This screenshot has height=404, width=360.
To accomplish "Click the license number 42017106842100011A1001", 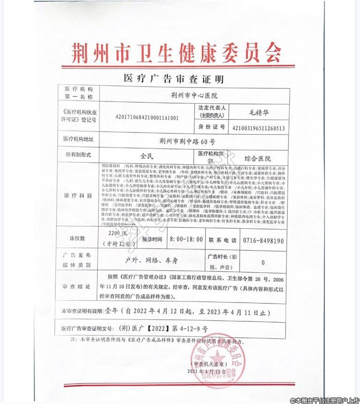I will (x=147, y=117).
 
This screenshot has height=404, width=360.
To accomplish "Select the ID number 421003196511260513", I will (x=258, y=127).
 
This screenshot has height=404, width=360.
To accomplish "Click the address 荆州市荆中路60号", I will (x=187, y=140).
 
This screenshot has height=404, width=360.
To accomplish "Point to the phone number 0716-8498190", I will (x=263, y=240).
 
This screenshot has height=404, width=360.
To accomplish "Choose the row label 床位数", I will (x=77, y=238).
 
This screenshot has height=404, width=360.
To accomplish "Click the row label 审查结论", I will (x=77, y=286).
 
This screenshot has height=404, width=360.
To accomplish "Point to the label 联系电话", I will (x=222, y=240).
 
